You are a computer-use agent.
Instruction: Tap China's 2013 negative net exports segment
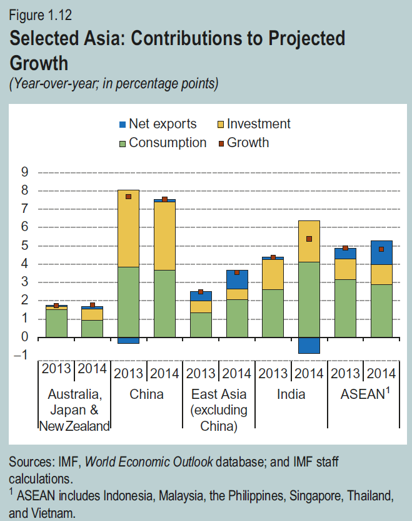click(x=128, y=340)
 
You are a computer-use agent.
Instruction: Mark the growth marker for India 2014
click(x=309, y=239)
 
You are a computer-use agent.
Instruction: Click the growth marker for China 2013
click(x=128, y=197)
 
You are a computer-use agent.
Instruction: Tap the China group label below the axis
click(x=146, y=395)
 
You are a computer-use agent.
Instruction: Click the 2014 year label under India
click(x=309, y=373)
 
